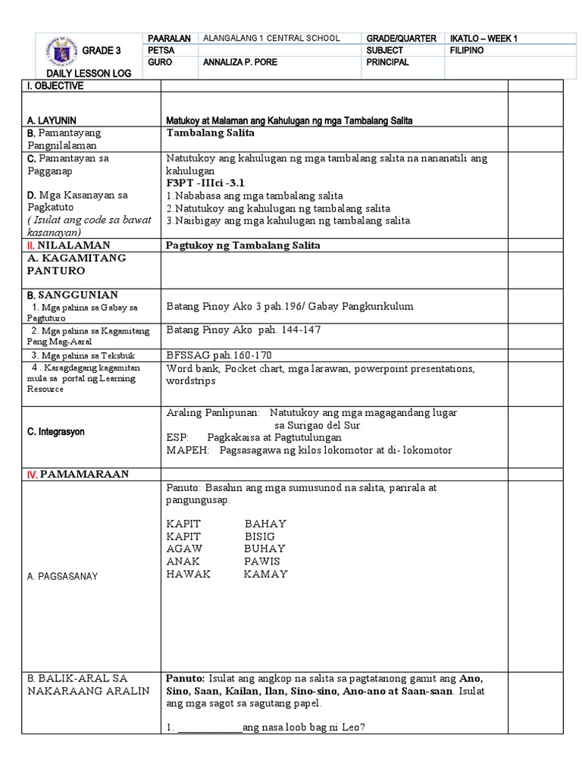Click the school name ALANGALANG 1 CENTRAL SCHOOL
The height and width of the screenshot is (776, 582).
pyautogui.click(x=271, y=39)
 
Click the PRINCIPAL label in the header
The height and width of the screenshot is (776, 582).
pyautogui.click(x=388, y=63)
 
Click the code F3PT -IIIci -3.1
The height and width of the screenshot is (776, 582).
pyautogui.click(x=205, y=183)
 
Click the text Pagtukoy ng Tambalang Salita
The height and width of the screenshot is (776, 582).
pyautogui.click(x=243, y=245)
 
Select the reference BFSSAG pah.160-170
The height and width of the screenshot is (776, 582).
pyautogui.click(x=219, y=355)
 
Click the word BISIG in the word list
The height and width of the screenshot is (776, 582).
pyautogui.click(x=259, y=537)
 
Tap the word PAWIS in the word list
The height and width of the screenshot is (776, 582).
pyautogui.click(x=261, y=562)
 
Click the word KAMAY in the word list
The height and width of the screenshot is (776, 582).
pyautogui.click(x=265, y=574)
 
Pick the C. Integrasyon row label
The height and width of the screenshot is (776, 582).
pyautogui.click(x=56, y=431)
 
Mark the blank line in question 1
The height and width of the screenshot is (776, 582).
pyautogui.click(x=208, y=728)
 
